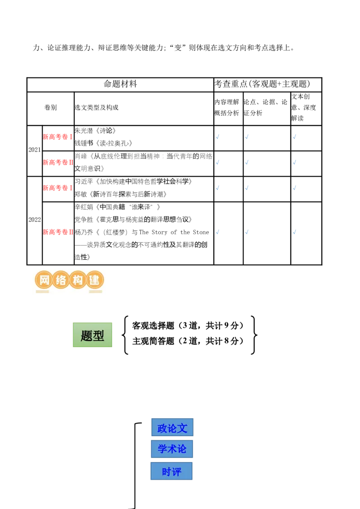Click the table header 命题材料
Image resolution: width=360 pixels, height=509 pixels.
(x=120, y=84)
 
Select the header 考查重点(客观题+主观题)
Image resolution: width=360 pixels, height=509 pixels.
(x=262, y=84)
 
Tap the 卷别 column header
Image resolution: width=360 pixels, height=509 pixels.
(x=50, y=107)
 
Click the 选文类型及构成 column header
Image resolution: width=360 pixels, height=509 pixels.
(x=96, y=107)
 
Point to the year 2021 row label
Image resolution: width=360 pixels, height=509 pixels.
(x=35, y=150)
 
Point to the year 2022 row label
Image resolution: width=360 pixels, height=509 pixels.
(x=35, y=219)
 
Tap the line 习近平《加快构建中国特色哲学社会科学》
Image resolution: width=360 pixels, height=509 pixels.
(x=133, y=182)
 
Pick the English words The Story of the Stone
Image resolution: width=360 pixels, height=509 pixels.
(x=174, y=232)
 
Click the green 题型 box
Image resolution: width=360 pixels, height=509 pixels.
(x=93, y=335)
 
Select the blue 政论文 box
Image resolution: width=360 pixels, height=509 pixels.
(x=172, y=428)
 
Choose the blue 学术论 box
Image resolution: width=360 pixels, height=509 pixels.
(x=172, y=449)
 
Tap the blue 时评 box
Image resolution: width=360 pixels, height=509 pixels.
(x=171, y=471)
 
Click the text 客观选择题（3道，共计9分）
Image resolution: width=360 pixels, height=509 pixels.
(x=188, y=326)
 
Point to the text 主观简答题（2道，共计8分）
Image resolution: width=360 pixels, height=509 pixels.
(x=188, y=341)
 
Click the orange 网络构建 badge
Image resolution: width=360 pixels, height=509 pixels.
(x=69, y=280)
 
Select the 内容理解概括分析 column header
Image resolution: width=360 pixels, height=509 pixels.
(x=227, y=107)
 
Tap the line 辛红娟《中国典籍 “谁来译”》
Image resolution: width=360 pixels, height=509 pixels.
(x=117, y=207)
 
